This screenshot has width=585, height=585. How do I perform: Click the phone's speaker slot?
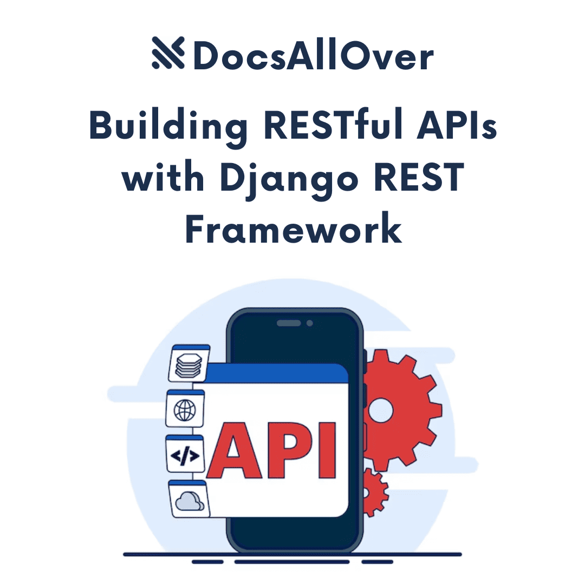(x=289, y=323)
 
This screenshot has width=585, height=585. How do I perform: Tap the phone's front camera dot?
(x=309, y=323)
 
